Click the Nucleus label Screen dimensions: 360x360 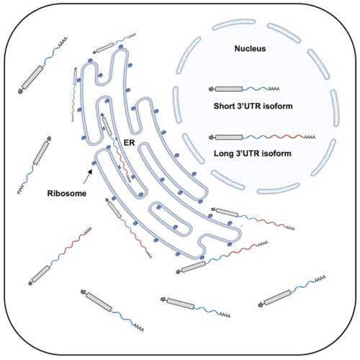click(250, 49)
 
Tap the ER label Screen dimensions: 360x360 click(129, 143)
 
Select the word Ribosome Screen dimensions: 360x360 click(67, 194)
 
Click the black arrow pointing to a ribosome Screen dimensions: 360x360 click(88, 176)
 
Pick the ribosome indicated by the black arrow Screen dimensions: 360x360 click(94, 163)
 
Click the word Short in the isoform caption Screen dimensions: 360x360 click(224, 106)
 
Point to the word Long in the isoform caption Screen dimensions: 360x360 click(224, 153)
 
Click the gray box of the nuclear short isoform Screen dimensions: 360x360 click(229, 89)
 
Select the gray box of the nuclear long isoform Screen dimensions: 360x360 click(229, 138)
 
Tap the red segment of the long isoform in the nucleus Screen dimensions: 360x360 click(287, 137)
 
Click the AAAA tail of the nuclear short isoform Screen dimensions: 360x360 click(274, 89)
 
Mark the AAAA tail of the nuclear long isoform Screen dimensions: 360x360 click(310, 138)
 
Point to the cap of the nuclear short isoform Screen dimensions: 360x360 click(212, 89)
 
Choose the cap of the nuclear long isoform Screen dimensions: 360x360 click(212, 138)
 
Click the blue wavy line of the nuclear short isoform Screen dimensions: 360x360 click(256, 89)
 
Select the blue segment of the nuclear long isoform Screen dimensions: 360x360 click(256, 138)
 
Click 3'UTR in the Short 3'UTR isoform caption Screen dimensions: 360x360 click(249, 106)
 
